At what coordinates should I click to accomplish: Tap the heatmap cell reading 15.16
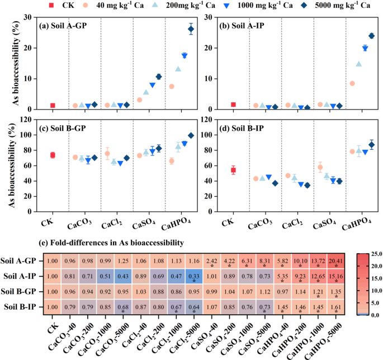click(337, 276)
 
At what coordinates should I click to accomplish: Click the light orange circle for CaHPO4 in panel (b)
click(352, 83)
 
